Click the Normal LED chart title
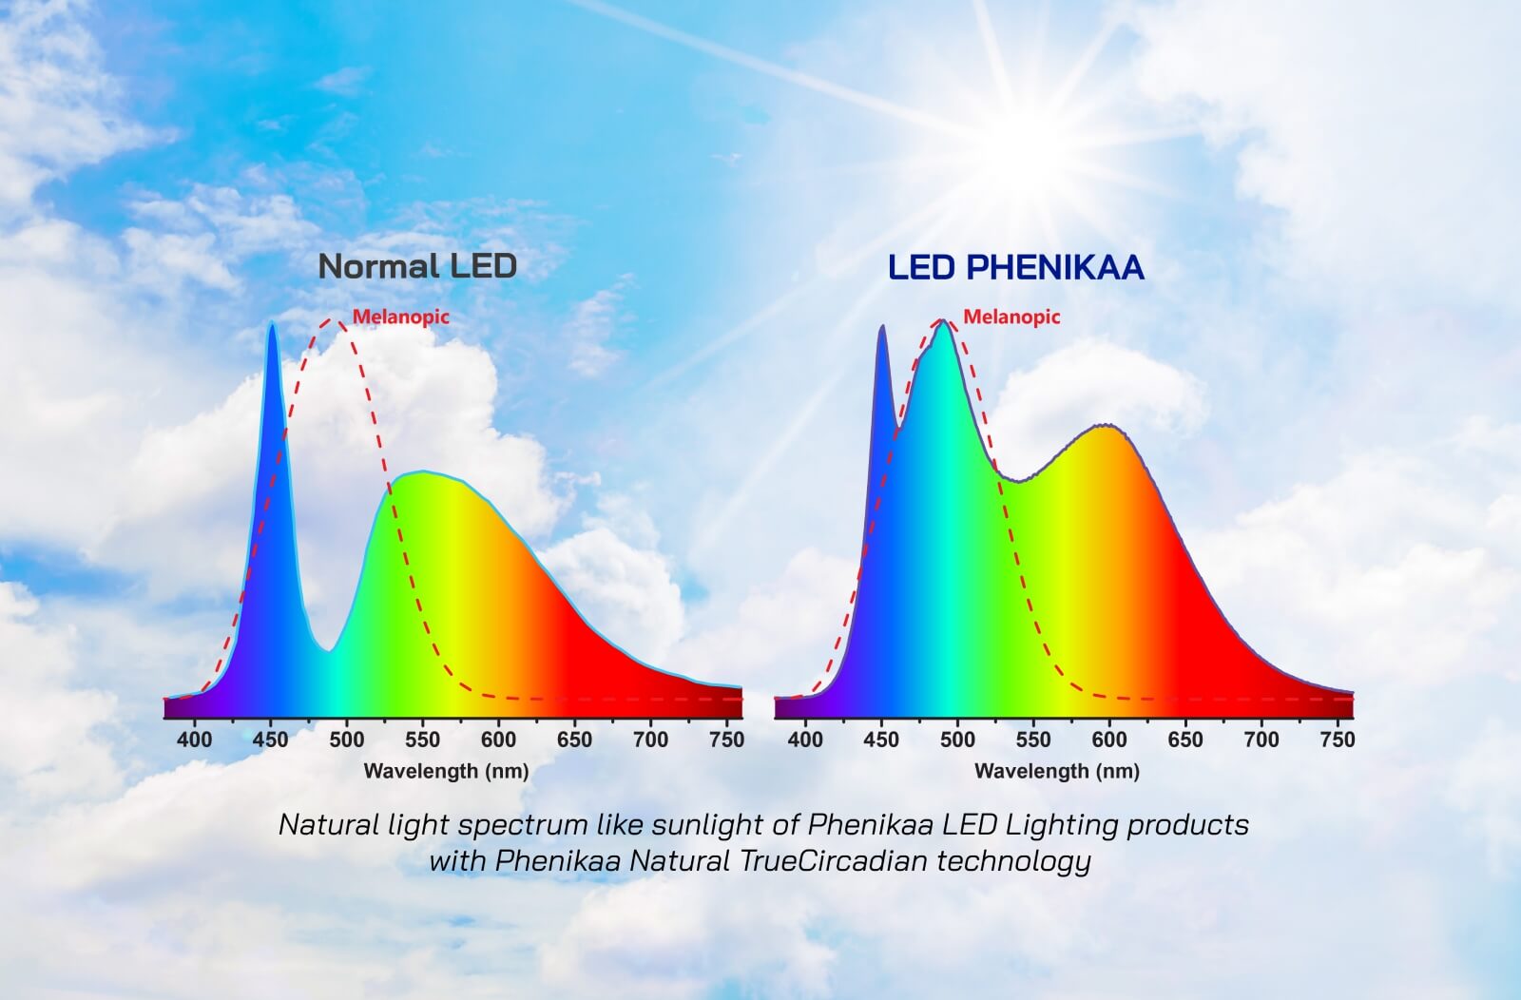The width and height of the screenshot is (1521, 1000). click(417, 266)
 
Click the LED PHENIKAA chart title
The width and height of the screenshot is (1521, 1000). click(1015, 268)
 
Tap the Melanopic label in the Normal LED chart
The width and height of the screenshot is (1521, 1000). click(401, 317)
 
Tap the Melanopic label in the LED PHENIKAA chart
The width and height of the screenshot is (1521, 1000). click(1011, 317)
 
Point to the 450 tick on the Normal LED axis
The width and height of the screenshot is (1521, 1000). click(271, 739)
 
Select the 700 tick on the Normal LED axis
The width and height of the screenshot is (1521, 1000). click(650, 739)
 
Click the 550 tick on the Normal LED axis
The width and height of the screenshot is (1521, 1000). click(423, 739)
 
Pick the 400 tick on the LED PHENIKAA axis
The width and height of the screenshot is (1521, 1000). click(806, 739)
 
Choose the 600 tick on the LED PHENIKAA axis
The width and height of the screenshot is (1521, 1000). click(1109, 739)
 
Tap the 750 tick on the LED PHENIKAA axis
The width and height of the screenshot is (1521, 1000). click(1337, 739)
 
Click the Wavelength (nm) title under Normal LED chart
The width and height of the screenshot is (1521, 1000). click(446, 771)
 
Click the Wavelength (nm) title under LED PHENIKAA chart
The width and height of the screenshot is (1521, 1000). click(1056, 771)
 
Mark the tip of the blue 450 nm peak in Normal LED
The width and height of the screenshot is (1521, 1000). click(272, 326)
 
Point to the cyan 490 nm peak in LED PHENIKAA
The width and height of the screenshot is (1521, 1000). click(943, 323)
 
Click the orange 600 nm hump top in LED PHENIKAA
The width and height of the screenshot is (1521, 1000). click(1105, 427)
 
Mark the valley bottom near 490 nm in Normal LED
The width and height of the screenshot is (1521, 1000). click(329, 650)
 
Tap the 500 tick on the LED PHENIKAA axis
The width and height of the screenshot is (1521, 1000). click(957, 739)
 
